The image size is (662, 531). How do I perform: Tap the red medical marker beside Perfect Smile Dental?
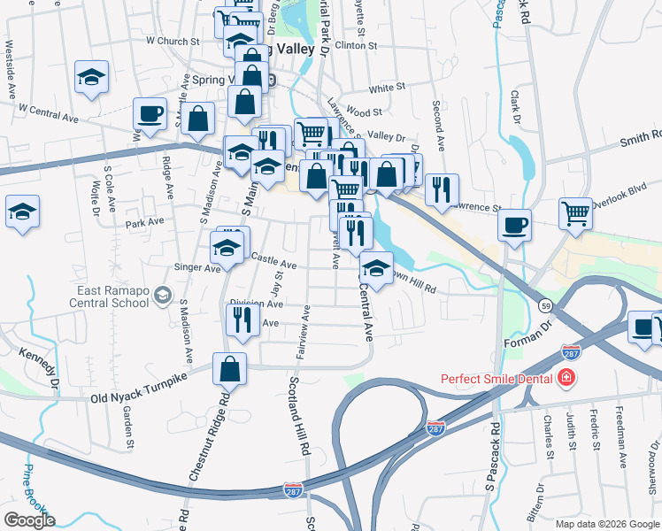566,380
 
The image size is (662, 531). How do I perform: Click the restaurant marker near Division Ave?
243,321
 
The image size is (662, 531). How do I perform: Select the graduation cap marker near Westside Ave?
91,77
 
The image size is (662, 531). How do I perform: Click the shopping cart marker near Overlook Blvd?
575,213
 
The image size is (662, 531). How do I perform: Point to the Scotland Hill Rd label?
297,415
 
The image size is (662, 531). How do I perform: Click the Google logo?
29,520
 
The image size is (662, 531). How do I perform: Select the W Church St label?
173,41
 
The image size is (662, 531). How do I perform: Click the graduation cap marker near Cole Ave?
23,212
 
